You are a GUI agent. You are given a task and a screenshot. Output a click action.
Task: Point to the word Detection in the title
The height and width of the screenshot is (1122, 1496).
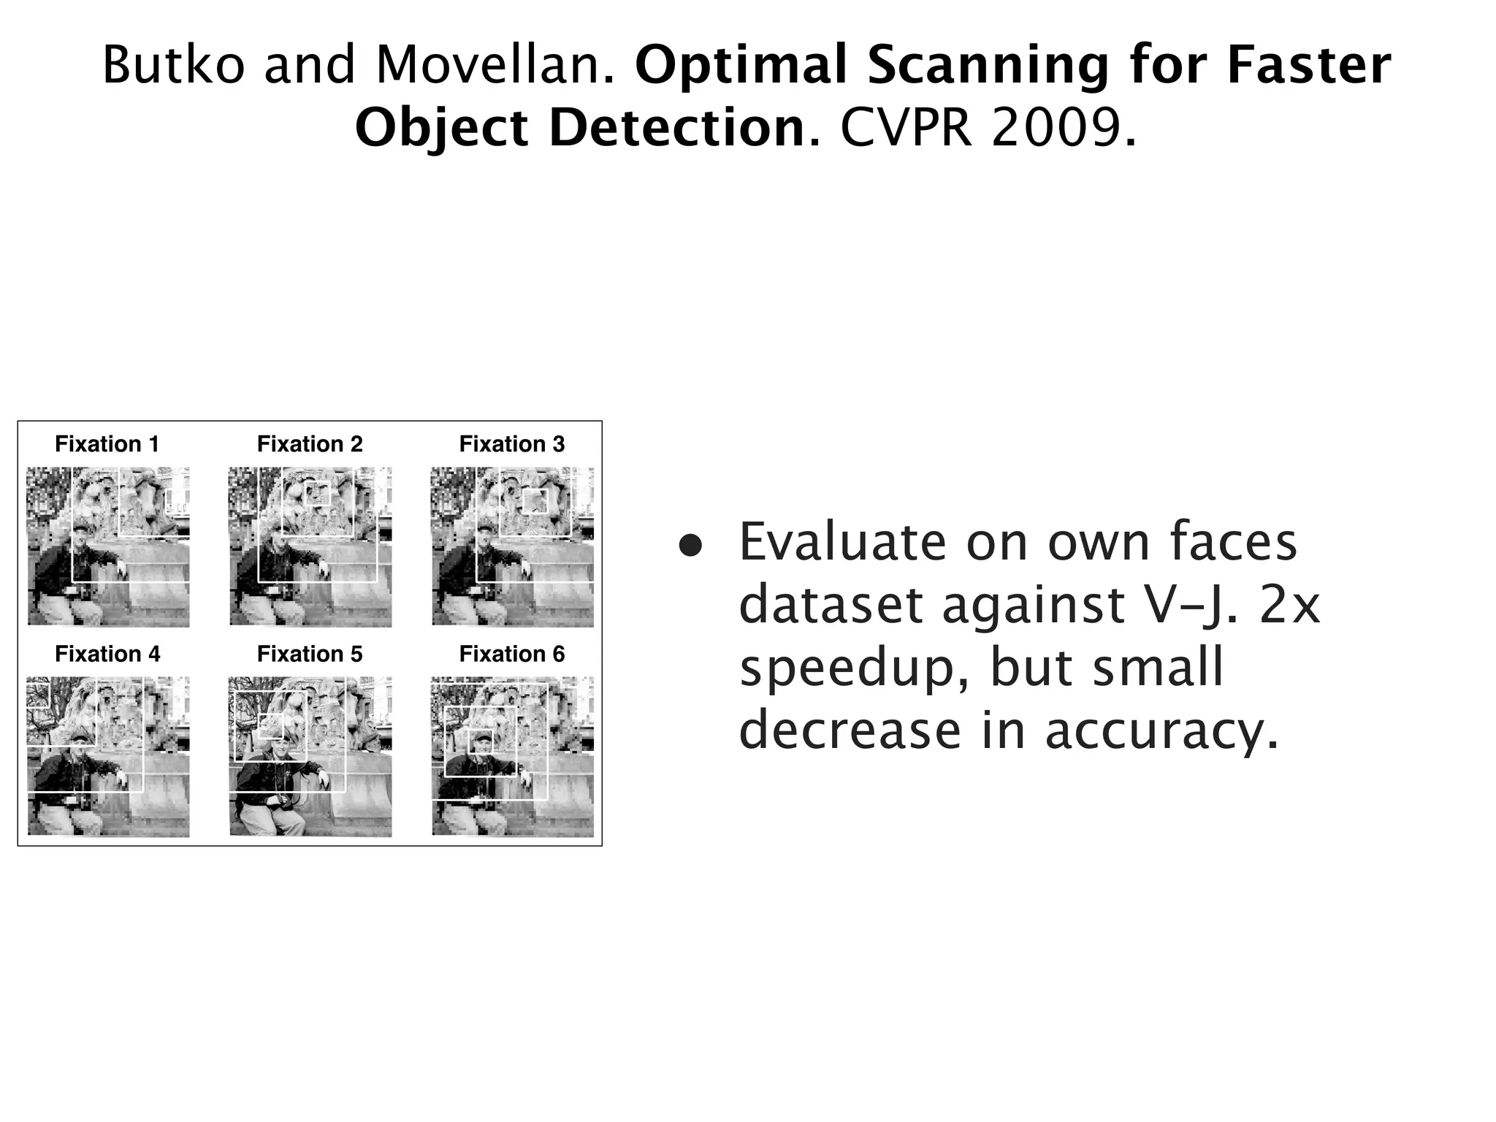click(676, 128)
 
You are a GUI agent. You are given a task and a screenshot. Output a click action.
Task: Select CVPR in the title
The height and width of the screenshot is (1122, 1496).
click(907, 128)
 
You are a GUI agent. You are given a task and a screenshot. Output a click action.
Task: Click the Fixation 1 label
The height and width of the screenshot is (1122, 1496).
click(107, 444)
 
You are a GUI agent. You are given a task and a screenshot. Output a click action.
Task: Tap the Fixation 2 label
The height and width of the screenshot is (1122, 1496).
click(310, 444)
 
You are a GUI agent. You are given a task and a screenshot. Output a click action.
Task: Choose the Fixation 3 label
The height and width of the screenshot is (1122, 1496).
click(512, 444)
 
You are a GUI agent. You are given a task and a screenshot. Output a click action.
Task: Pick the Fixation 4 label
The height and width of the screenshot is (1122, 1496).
click(107, 654)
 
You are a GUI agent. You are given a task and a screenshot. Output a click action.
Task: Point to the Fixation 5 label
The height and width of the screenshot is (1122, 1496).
click(310, 654)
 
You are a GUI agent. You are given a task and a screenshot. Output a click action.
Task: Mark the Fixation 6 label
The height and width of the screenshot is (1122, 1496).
click(512, 654)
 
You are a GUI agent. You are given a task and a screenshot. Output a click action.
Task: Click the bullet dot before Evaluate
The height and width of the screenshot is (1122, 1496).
click(690, 547)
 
